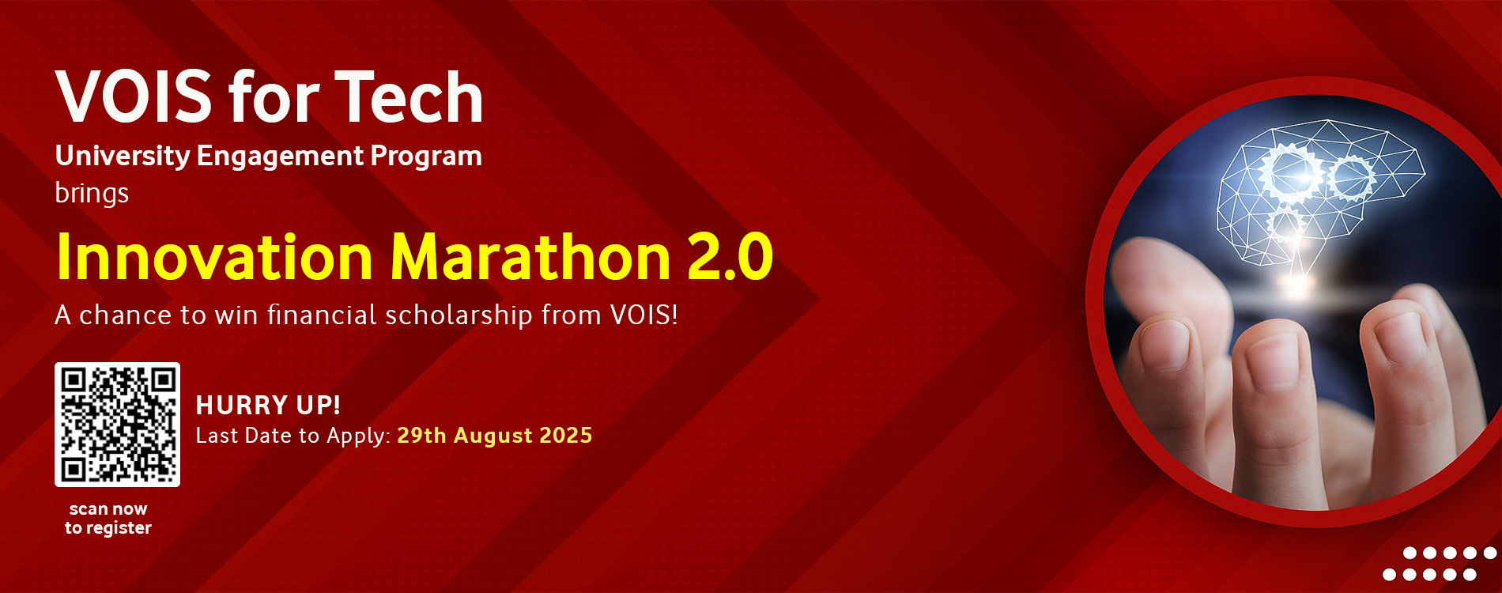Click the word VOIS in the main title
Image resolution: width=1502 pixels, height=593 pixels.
click(134, 96)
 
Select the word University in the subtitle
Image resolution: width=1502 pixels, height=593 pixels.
click(123, 157)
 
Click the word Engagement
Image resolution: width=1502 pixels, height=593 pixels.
click(280, 157)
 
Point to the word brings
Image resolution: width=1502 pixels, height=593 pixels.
click(92, 193)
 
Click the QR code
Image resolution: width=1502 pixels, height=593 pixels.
click(117, 425)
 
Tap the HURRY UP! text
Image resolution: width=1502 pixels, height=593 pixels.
click(268, 405)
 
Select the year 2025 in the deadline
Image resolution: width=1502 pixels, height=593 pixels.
click(565, 435)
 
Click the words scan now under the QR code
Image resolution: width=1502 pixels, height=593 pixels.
click(108, 509)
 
